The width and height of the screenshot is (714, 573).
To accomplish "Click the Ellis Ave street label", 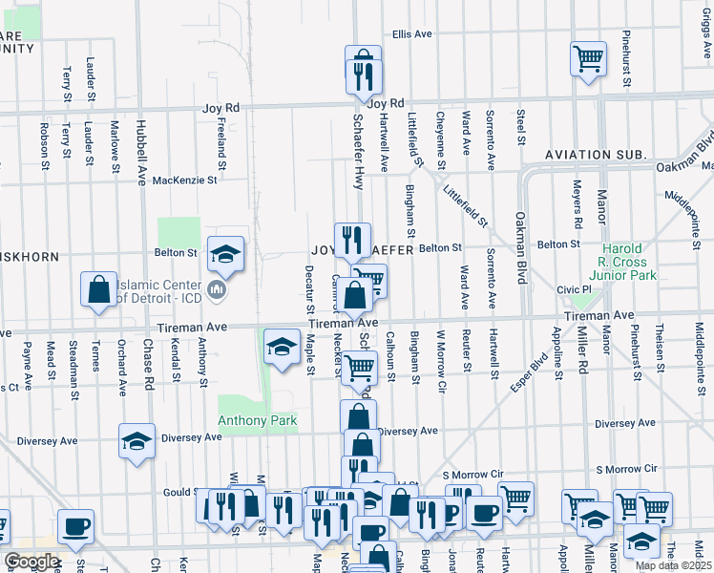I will [x=412, y=33].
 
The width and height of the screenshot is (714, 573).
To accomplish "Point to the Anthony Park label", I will [x=257, y=420].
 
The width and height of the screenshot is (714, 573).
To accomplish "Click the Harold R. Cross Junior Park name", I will [x=626, y=263].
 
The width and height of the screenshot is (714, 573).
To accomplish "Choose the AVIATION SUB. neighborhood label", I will [x=596, y=155].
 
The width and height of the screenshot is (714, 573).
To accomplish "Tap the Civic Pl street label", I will [x=575, y=289].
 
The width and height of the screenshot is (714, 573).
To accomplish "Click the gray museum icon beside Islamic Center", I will [x=216, y=289].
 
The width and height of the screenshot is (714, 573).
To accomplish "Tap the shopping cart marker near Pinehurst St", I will [x=589, y=57].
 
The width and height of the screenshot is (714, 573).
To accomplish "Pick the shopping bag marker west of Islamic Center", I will [x=99, y=288].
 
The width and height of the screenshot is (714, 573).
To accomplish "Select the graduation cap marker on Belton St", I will [x=226, y=254].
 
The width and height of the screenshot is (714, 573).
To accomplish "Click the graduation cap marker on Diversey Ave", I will [x=136, y=441].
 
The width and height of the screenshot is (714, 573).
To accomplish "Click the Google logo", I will [x=32, y=562].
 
